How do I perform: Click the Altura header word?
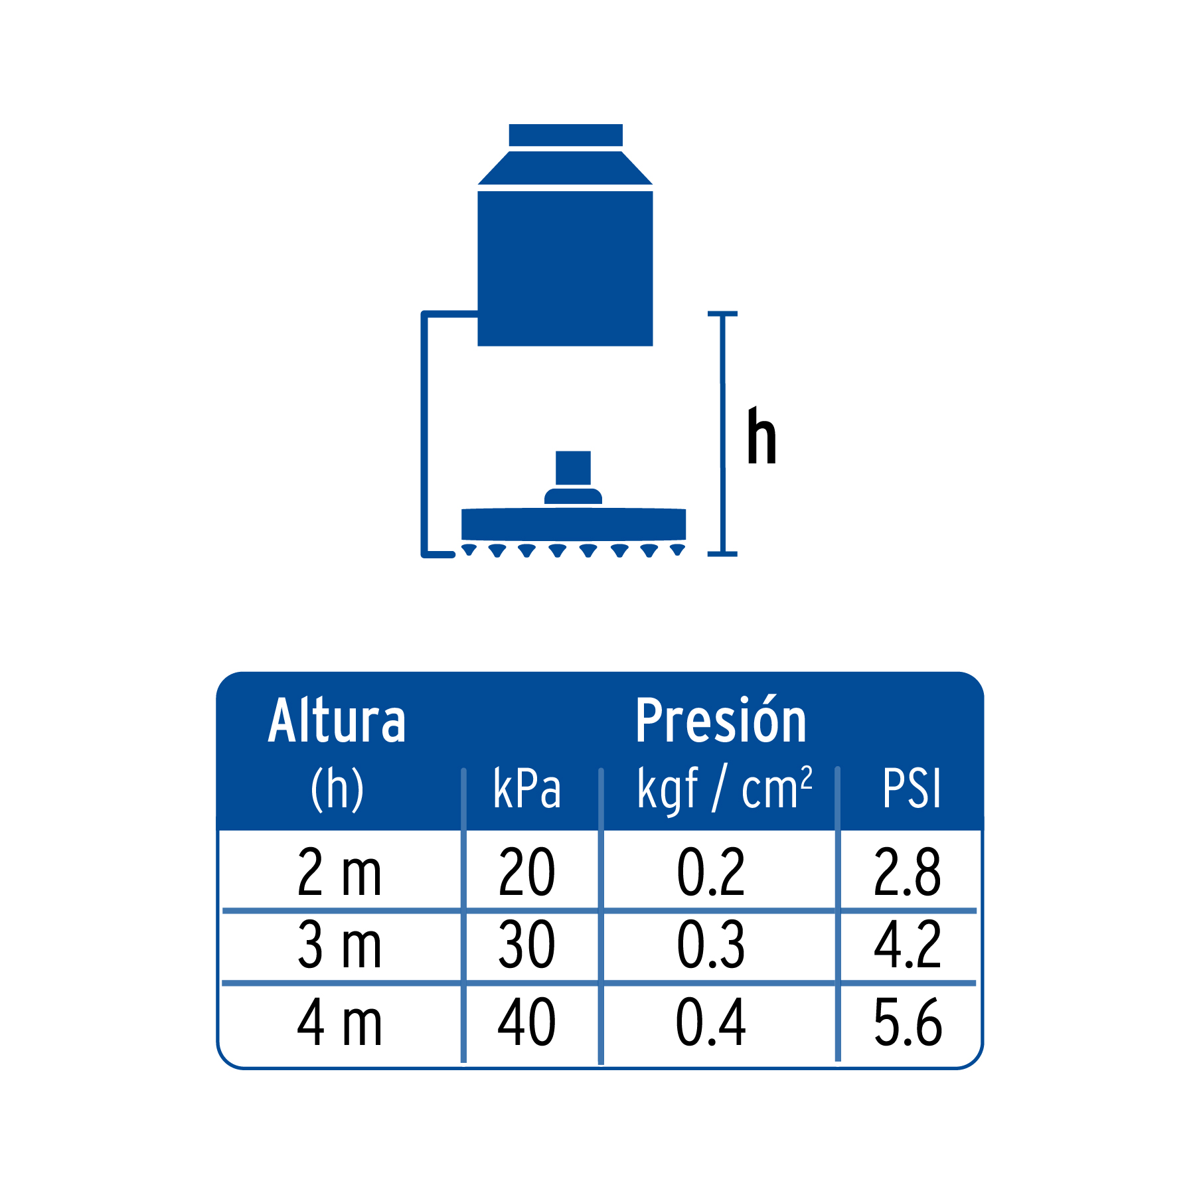337,721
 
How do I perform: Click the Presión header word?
721,721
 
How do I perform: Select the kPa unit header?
527,789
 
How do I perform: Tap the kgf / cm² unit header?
724,789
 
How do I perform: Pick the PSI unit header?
912,789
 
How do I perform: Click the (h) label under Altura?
337,789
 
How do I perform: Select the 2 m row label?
339,872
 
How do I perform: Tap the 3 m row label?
339,945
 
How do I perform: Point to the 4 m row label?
339,1023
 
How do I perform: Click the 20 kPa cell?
527,872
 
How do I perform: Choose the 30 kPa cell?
527,945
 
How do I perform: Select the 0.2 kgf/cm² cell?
711,872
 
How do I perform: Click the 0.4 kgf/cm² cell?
711,1023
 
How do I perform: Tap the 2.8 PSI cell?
908,872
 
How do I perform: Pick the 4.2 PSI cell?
908,945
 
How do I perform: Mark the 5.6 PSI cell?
908,1023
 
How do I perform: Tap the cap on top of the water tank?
566,135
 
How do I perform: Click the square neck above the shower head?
573,468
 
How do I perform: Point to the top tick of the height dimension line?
722,313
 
